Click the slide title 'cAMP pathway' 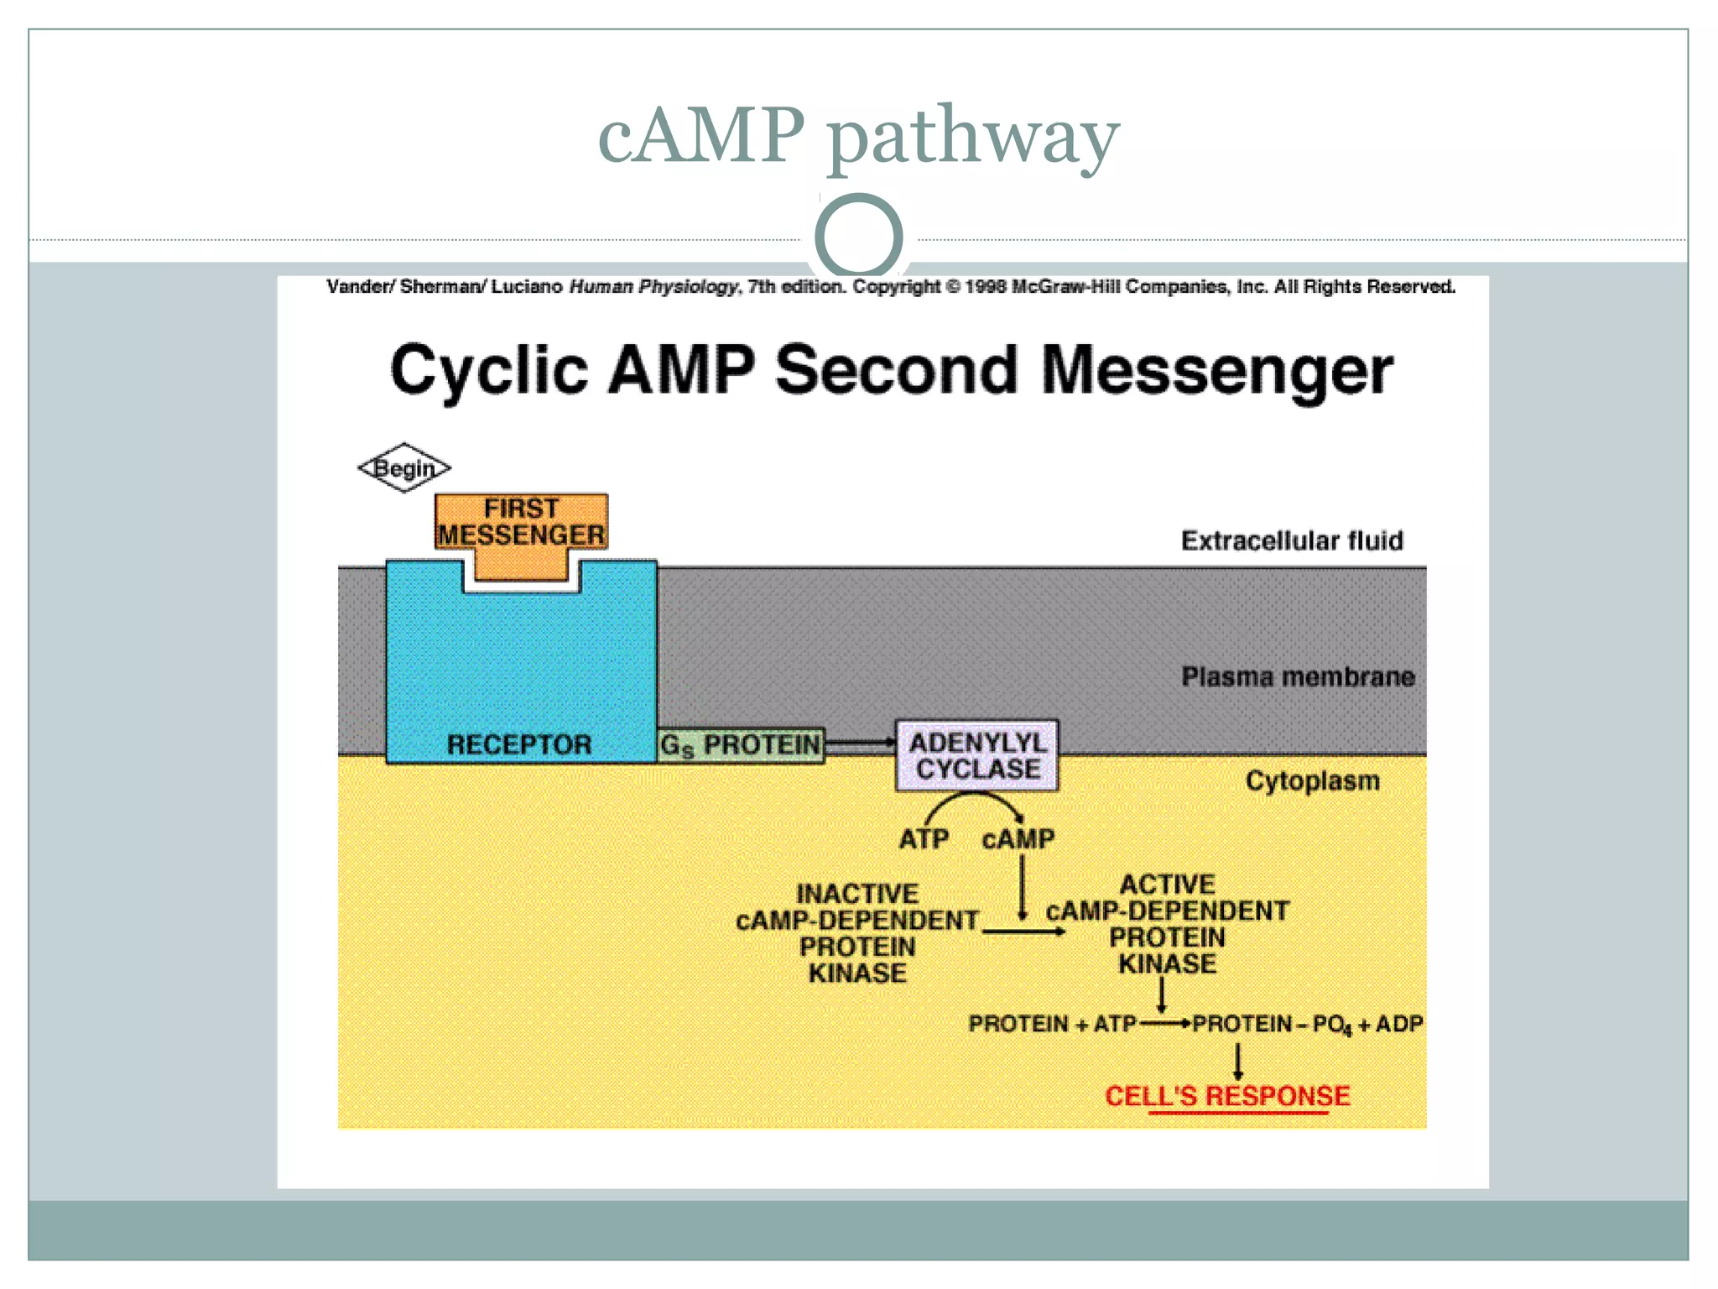tap(858, 136)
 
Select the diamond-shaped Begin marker tap(404, 467)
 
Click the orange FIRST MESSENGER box tap(521, 522)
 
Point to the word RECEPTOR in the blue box tap(519, 744)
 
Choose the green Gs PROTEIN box tap(740, 744)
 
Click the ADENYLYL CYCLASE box tap(977, 755)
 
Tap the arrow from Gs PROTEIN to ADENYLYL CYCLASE tap(861, 742)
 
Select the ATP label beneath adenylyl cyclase tap(924, 838)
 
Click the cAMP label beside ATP tap(1018, 838)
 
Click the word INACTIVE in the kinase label tap(856, 893)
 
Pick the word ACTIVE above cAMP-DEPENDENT tap(1167, 884)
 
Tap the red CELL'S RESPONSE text tap(1227, 1095)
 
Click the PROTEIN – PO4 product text tap(1272, 1024)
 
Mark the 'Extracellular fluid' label tap(1292, 540)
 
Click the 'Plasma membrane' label tap(1298, 676)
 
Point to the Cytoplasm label tap(1312, 780)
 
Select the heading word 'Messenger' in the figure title tap(1216, 371)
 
